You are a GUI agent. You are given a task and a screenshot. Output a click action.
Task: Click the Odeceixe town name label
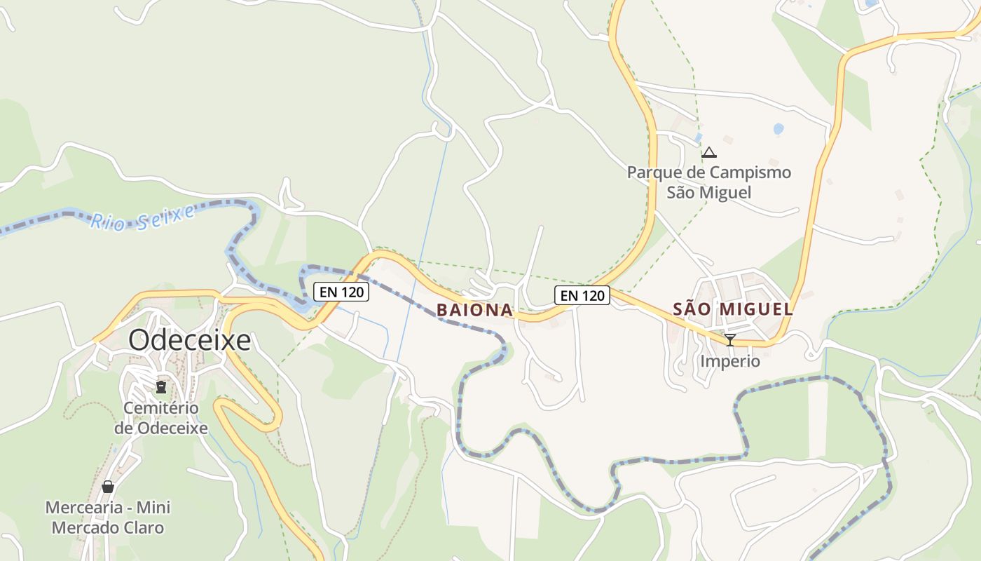(189, 340)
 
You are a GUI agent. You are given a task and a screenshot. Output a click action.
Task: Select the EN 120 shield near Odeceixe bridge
(341, 292)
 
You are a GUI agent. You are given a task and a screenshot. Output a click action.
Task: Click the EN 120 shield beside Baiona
(582, 295)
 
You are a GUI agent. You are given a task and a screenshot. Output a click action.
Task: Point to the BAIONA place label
(474, 310)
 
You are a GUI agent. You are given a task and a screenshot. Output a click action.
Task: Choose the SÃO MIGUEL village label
(733, 309)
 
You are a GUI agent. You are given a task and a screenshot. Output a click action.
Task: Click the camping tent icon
(709, 152)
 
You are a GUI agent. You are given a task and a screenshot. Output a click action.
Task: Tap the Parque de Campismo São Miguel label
(709, 182)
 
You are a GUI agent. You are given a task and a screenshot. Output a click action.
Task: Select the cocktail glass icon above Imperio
(729, 340)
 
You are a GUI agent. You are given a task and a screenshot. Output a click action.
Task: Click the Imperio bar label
(730, 362)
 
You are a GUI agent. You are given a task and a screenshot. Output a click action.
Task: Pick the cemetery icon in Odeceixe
(161, 386)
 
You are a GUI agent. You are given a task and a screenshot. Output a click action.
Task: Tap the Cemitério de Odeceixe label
(161, 418)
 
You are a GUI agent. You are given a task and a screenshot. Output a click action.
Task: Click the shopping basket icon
(108, 486)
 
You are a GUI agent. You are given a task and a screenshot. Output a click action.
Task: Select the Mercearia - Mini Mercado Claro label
(108, 518)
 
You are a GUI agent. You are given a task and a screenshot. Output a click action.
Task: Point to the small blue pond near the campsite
(778, 129)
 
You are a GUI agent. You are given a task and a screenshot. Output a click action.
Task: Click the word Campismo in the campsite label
(750, 173)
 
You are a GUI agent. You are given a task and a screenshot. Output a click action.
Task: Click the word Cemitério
(161, 408)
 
